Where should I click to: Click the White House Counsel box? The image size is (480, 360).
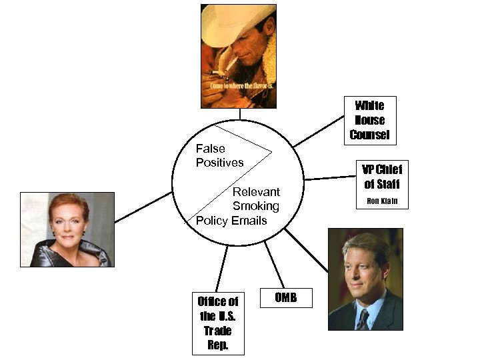[x=369, y=120]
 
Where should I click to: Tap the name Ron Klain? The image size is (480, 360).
[x=382, y=201]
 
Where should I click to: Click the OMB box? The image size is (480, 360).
[x=286, y=297]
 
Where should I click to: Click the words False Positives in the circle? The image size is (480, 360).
[x=219, y=155]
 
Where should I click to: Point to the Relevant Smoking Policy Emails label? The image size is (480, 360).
[x=240, y=206]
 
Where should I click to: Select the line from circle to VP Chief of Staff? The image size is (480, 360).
[x=330, y=178]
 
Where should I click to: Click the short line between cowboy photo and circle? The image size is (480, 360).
[x=239, y=114]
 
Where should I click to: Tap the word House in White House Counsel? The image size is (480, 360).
[x=369, y=120]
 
